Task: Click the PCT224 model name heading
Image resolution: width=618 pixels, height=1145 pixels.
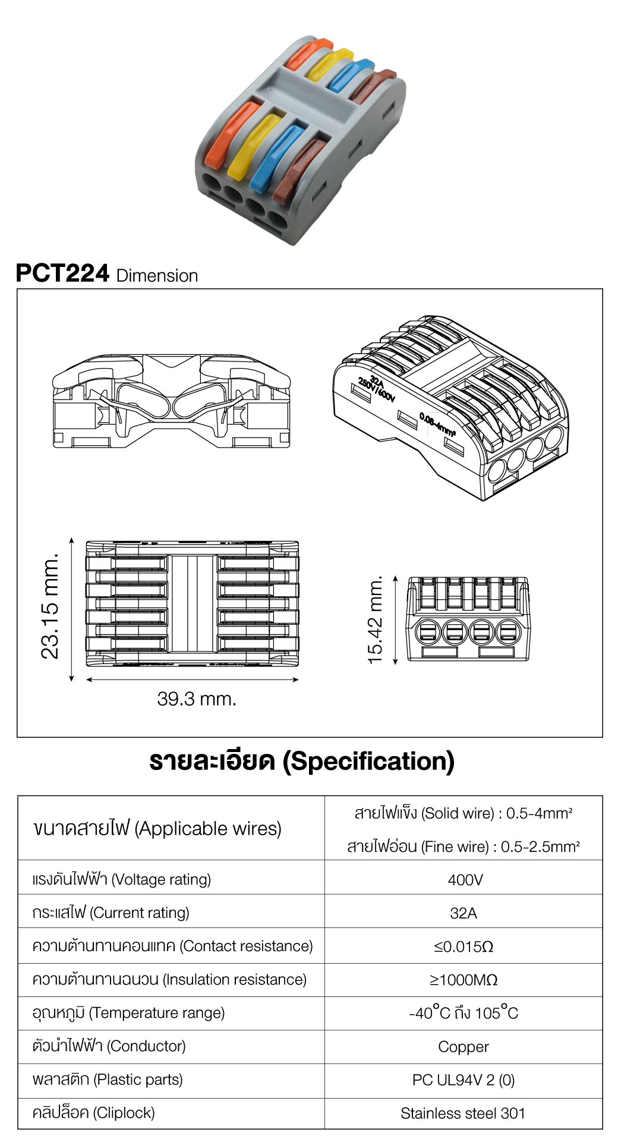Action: point(62,273)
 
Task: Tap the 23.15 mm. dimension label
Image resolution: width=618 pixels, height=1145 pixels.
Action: point(51,606)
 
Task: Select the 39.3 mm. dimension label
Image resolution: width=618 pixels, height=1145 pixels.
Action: point(197,699)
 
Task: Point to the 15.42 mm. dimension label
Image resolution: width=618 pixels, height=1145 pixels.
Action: point(376,619)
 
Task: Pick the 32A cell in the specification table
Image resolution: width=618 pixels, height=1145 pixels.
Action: point(463,913)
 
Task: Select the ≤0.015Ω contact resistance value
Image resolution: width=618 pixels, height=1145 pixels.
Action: point(463,946)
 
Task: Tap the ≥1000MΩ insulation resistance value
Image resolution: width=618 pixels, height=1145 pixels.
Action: point(463,980)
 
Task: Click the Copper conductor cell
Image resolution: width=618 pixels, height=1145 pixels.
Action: point(463,1047)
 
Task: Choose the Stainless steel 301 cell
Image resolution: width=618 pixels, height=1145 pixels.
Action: point(463,1113)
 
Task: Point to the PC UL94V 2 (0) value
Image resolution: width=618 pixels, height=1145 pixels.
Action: point(463,1080)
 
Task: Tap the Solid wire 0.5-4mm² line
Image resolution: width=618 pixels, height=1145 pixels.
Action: point(463,813)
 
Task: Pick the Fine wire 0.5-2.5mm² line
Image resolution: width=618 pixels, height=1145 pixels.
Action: point(463,847)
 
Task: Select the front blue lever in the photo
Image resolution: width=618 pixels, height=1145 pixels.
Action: point(278,156)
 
